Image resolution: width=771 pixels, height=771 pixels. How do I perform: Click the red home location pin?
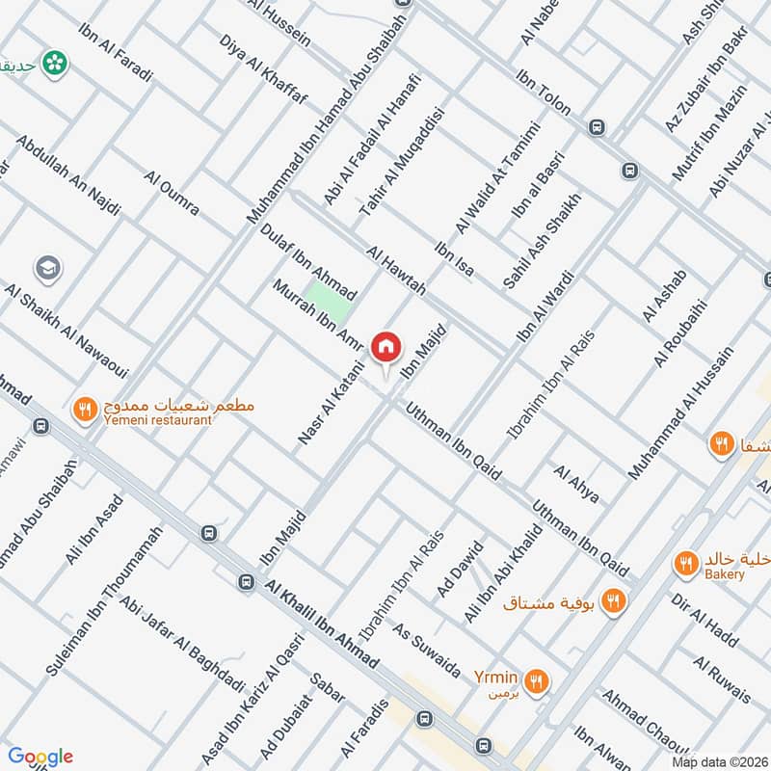[386, 345]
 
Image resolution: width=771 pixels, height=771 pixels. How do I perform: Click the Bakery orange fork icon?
[685, 564]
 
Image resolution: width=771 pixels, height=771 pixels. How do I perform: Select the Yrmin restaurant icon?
[538, 681]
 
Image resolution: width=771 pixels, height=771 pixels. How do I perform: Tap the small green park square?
[326, 295]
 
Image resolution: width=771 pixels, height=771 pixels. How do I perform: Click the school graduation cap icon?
[45, 268]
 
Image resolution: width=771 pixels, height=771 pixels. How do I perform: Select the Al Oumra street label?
[171, 194]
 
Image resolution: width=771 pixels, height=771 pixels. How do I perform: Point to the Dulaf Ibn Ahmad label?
[308, 261]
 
